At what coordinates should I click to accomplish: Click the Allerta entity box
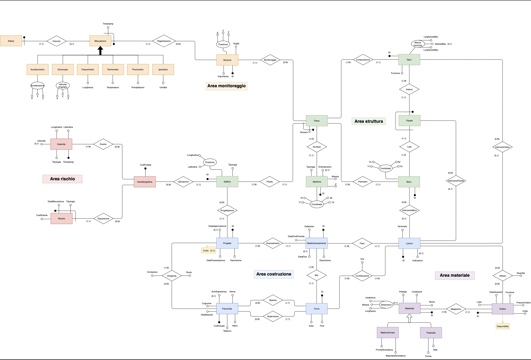pyautogui.click(x=11, y=41)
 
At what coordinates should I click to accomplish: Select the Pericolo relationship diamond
pyautogui.click(x=57, y=41)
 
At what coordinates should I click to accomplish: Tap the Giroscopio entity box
pyautogui.click(x=63, y=69)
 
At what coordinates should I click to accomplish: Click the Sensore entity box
pyautogui.click(x=227, y=60)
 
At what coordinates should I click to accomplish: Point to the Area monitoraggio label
pyautogui.click(x=226, y=86)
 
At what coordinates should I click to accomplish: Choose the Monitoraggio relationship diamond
pyautogui.click(x=270, y=60)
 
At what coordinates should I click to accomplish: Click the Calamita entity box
pyautogui.click(x=61, y=144)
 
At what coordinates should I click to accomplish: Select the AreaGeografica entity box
pyautogui.click(x=145, y=182)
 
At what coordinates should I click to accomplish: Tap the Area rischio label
pyautogui.click(x=62, y=179)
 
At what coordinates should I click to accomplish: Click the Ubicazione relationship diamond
pyautogui.click(x=183, y=182)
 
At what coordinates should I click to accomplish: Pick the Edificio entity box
pyautogui.click(x=227, y=182)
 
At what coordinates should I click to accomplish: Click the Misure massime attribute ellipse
pyautogui.click(x=418, y=44)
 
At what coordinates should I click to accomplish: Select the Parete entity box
pyautogui.click(x=410, y=121)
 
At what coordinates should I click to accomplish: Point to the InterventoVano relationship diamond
pyautogui.click(x=503, y=147)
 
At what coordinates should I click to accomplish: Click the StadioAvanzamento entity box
pyautogui.click(x=317, y=243)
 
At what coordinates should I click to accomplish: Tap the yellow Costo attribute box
pyautogui.click(x=209, y=250)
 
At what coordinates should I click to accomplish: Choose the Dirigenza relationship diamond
pyautogui.click(x=172, y=276)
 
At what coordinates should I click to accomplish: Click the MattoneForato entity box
pyautogui.click(x=388, y=332)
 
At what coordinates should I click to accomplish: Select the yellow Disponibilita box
pyautogui.click(x=503, y=326)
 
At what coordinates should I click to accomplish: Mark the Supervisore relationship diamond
pyautogui.click(x=273, y=317)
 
